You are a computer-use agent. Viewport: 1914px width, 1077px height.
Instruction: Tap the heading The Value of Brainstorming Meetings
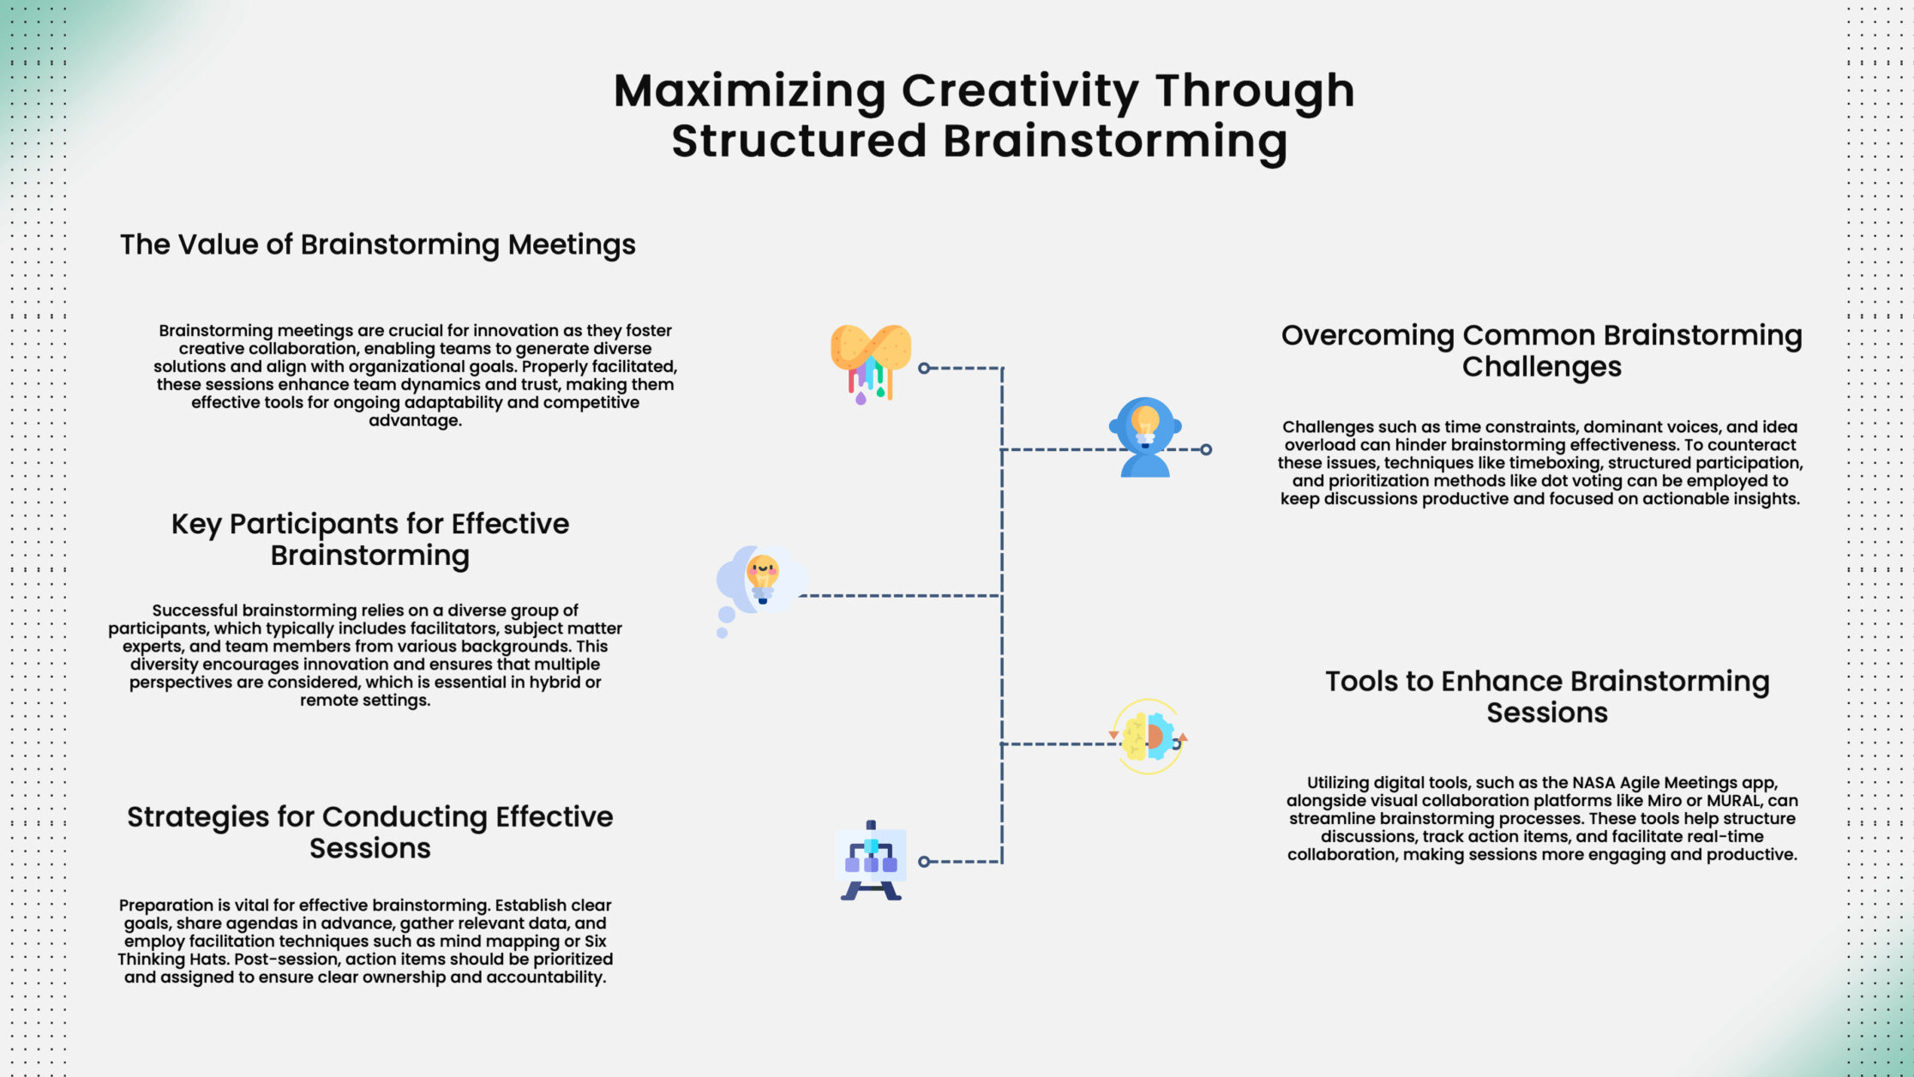378,245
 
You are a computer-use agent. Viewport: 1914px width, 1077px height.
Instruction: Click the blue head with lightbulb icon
1145,436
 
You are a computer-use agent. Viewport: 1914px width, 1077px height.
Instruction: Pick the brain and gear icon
1149,737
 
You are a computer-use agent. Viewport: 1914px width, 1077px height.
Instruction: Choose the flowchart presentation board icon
871,860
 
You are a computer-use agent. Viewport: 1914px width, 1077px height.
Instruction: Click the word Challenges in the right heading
1542,367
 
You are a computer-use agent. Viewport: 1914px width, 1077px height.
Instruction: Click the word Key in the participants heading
196,525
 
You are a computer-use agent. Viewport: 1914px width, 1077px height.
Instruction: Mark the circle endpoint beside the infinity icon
924,368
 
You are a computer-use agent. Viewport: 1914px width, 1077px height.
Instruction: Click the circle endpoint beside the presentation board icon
924,862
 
